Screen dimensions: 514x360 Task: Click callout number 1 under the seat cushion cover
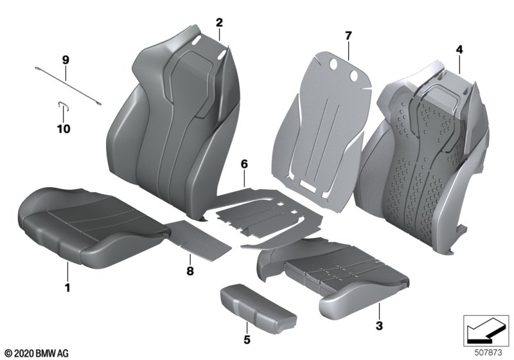pyautogui.click(x=67, y=288)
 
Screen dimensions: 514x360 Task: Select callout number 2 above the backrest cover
pyautogui.click(x=219, y=22)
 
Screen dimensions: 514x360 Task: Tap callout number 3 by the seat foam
pyautogui.click(x=379, y=326)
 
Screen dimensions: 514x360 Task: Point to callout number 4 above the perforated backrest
pyautogui.click(x=459, y=50)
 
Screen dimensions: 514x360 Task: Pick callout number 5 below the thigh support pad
pyautogui.click(x=247, y=339)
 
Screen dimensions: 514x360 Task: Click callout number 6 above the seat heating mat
pyautogui.click(x=244, y=164)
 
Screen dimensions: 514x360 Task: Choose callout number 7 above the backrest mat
pyautogui.click(x=348, y=35)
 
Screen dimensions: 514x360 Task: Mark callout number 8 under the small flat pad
pyautogui.click(x=190, y=271)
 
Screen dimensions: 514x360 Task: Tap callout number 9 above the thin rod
pyautogui.click(x=66, y=60)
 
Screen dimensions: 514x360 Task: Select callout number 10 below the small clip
pyautogui.click(x=64, y=129)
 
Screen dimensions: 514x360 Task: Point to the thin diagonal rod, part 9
pyautogui.click(x=68, y=86)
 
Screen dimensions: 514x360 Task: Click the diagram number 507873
pyautogui.click(x=488, y=353)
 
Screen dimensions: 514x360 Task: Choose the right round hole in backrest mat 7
pyautogui.click(x=354, y=76)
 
